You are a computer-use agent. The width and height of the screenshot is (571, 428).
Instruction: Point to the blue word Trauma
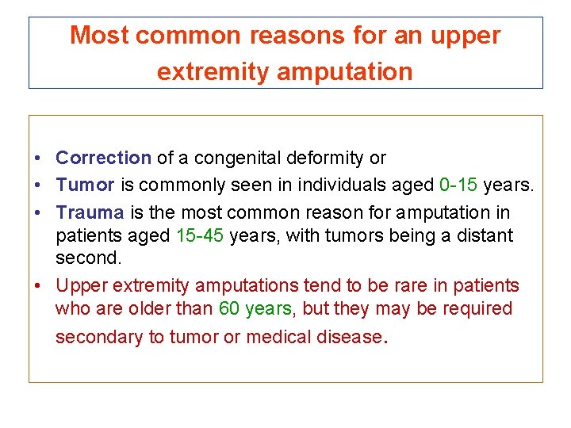(90, 212)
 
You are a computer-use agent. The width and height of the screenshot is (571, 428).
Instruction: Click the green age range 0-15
(458, 185)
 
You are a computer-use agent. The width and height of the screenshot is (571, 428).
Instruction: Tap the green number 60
(229, 308)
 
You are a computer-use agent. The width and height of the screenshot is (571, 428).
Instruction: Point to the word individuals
(348, 185)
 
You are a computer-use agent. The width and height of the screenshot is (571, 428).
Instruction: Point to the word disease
(350, 337)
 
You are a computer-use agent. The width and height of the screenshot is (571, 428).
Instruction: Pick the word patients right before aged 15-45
(87, 235)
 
